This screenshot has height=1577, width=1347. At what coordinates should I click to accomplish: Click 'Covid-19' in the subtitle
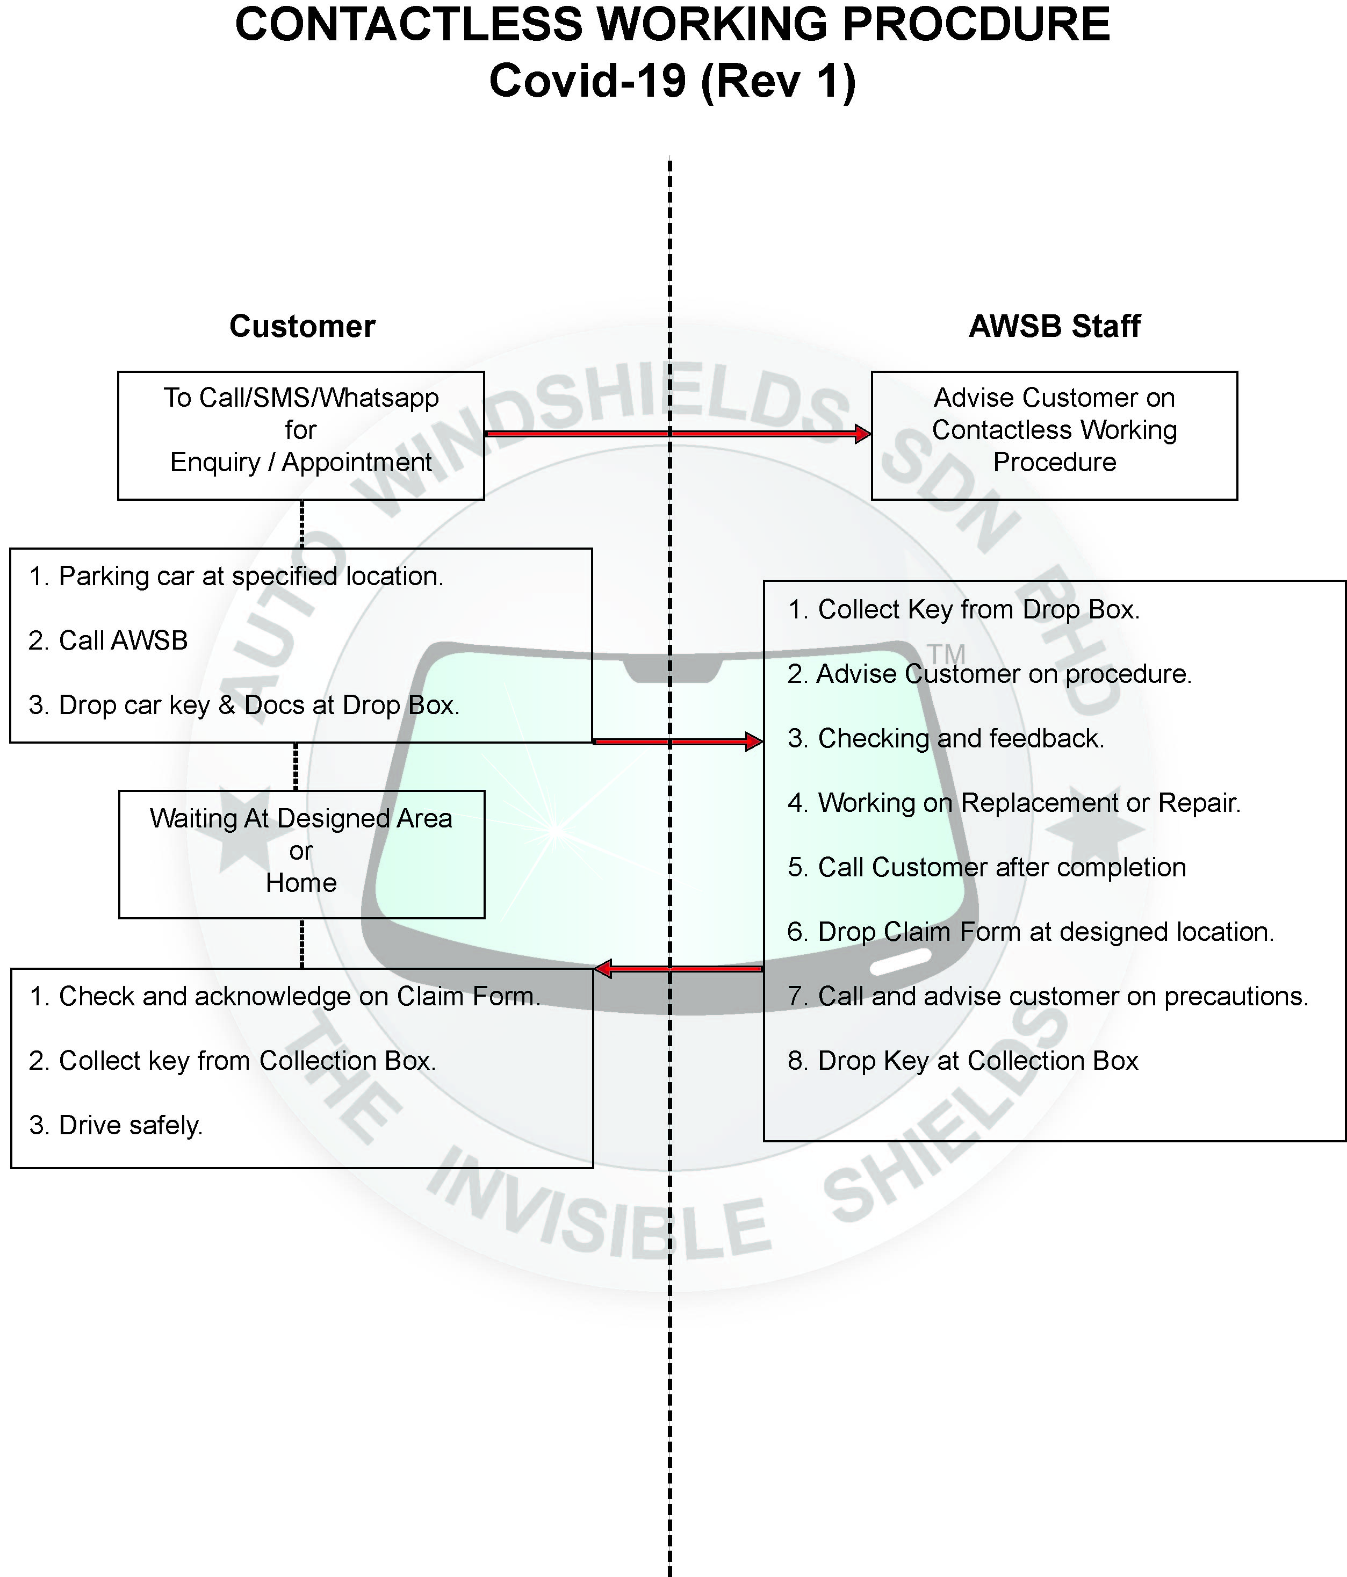pyautogui.click(x=587, y=80)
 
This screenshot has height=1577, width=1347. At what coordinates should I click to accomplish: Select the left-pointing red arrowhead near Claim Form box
pyautogui.click(x=603, y=969)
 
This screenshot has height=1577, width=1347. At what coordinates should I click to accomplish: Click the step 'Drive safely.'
pyautogui.click(x=116, y=1125)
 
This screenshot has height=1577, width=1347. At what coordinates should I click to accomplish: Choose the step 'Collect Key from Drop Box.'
pyautogui.click(x=963, y=610)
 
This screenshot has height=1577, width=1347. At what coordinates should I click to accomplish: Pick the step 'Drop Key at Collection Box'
pyautogui.click(x=963, y=1061)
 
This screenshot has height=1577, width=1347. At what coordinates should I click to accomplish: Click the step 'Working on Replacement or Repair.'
pyautogui.click(x=1014, y=803)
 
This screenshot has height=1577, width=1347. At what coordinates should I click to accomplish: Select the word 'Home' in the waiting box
pyautogui.click(x=301, y=883)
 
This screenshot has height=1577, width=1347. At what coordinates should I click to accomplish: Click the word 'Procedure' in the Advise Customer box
pyautogui.click(x=1054, y=462)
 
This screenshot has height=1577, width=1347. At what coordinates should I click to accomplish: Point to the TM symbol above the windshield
pyautogui.click(x=946, y=654)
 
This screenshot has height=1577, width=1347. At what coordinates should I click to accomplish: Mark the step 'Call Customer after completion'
pyautogui.click(x=986, y=868)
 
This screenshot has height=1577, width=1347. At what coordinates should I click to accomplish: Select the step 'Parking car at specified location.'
pyautogui.click(x=236, y=576)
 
